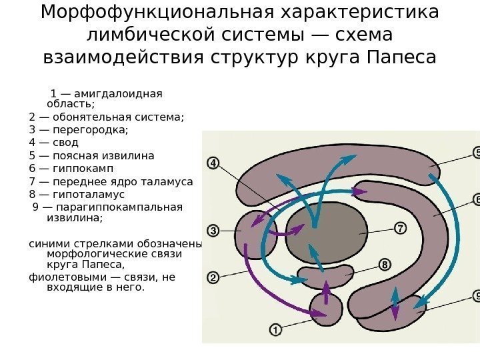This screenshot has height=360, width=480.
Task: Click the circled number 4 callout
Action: [213, 163]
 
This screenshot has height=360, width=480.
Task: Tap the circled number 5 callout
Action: [476, 153]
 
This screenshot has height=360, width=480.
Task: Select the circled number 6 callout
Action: [476, 199]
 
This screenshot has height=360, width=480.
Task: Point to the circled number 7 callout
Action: [401, 228]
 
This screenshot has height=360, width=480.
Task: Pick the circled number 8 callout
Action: [385, 265]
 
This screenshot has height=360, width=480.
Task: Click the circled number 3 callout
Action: [213, 231]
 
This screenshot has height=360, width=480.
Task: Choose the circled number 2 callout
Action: [213, 277]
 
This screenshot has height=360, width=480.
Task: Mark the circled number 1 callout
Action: [275, 328]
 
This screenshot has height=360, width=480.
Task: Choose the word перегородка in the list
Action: [91, 130]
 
